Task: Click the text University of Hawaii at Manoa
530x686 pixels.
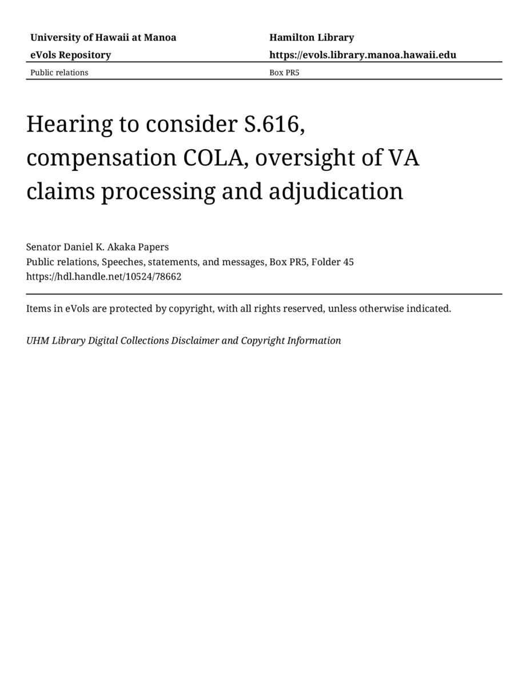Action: tap(103, 38)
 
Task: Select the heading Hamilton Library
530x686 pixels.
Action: tap(312, 38)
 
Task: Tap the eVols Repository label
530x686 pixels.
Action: tap(70, 55)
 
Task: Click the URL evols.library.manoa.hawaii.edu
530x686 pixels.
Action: tap(362, 55)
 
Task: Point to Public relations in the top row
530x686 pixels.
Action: tap(59, 73)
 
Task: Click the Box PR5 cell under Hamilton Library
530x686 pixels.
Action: tap(284, 73)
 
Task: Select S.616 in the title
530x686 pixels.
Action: tap(274, 124)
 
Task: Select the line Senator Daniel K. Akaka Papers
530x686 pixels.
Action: tap(97, 247)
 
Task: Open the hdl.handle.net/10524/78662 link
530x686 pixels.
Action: tap(103, 277)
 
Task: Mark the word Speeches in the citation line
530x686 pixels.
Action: tap(121, 262)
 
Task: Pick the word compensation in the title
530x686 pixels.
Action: tap(101, 158)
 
